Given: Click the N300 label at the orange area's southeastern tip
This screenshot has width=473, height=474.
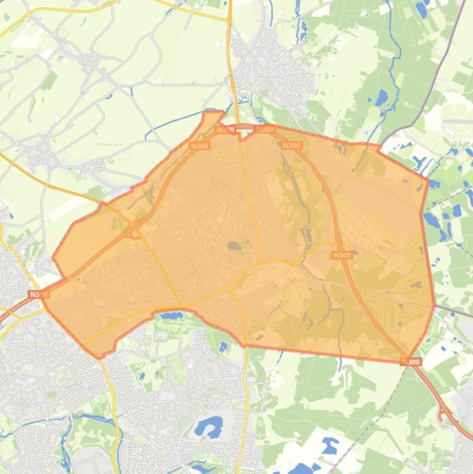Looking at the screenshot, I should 411,362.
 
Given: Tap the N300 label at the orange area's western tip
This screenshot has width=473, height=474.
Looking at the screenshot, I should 38,295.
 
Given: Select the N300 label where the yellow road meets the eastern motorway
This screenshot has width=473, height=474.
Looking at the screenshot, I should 342,255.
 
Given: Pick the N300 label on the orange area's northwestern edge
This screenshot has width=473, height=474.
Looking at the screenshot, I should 199,146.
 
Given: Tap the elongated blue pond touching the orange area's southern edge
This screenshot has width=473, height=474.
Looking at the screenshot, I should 170,316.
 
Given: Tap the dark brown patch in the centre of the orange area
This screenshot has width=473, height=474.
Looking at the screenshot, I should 234,246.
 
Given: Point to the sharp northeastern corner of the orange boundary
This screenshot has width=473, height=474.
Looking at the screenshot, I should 427,179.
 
